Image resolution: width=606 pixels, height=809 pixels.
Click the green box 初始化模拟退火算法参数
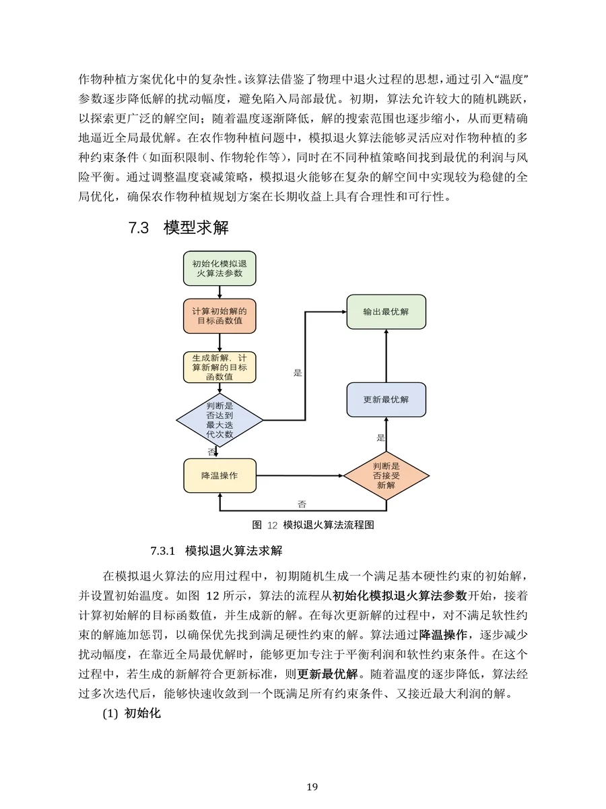pos(220,268)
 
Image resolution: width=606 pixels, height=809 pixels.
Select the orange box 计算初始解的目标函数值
pos(220,316)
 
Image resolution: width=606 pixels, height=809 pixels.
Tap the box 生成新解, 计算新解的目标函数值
pos(220,367)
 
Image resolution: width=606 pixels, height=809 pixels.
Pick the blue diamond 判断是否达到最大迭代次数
pos(220,420)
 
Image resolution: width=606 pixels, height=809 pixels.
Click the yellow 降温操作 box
pos(220,475)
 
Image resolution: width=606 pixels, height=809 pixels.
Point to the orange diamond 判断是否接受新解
pos(386,475)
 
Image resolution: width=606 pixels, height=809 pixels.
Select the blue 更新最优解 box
pos(386,399)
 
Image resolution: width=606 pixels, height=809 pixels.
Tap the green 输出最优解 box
pos(386,312)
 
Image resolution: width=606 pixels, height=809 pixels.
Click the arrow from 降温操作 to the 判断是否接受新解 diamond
pos(300,475)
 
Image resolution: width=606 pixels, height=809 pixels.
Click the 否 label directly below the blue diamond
pos(211,451)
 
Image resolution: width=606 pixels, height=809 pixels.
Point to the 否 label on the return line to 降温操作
pos(302,504)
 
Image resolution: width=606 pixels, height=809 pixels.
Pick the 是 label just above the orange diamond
pos(380,438)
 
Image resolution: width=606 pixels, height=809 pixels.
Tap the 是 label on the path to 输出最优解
pos(298,372)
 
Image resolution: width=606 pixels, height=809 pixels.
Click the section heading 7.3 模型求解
pos(178,228)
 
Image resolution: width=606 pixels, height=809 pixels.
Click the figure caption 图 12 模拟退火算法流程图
pos(312,525)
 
